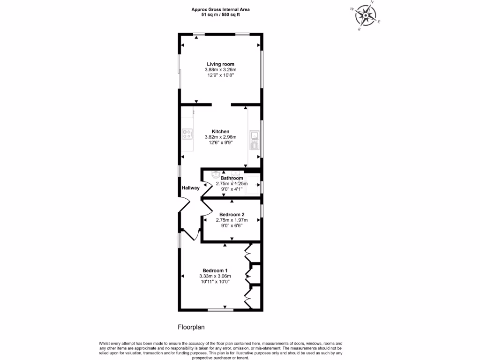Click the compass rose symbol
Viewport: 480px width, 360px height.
366,15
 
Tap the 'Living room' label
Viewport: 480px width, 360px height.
220,64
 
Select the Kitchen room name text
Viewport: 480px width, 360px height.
220,132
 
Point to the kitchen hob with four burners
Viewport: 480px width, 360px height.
187,135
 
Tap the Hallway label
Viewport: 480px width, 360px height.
191,188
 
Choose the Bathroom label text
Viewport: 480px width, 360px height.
232,178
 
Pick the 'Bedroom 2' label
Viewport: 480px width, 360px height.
232,214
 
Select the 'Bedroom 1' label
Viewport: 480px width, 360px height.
215,270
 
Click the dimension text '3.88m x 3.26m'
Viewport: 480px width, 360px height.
220,70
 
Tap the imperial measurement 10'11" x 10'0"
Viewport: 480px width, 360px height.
215,282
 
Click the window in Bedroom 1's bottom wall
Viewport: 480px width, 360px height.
220,309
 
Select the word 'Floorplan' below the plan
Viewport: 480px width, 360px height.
191,327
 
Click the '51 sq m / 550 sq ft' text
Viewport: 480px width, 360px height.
220,15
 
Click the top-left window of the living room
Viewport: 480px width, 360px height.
199,34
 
